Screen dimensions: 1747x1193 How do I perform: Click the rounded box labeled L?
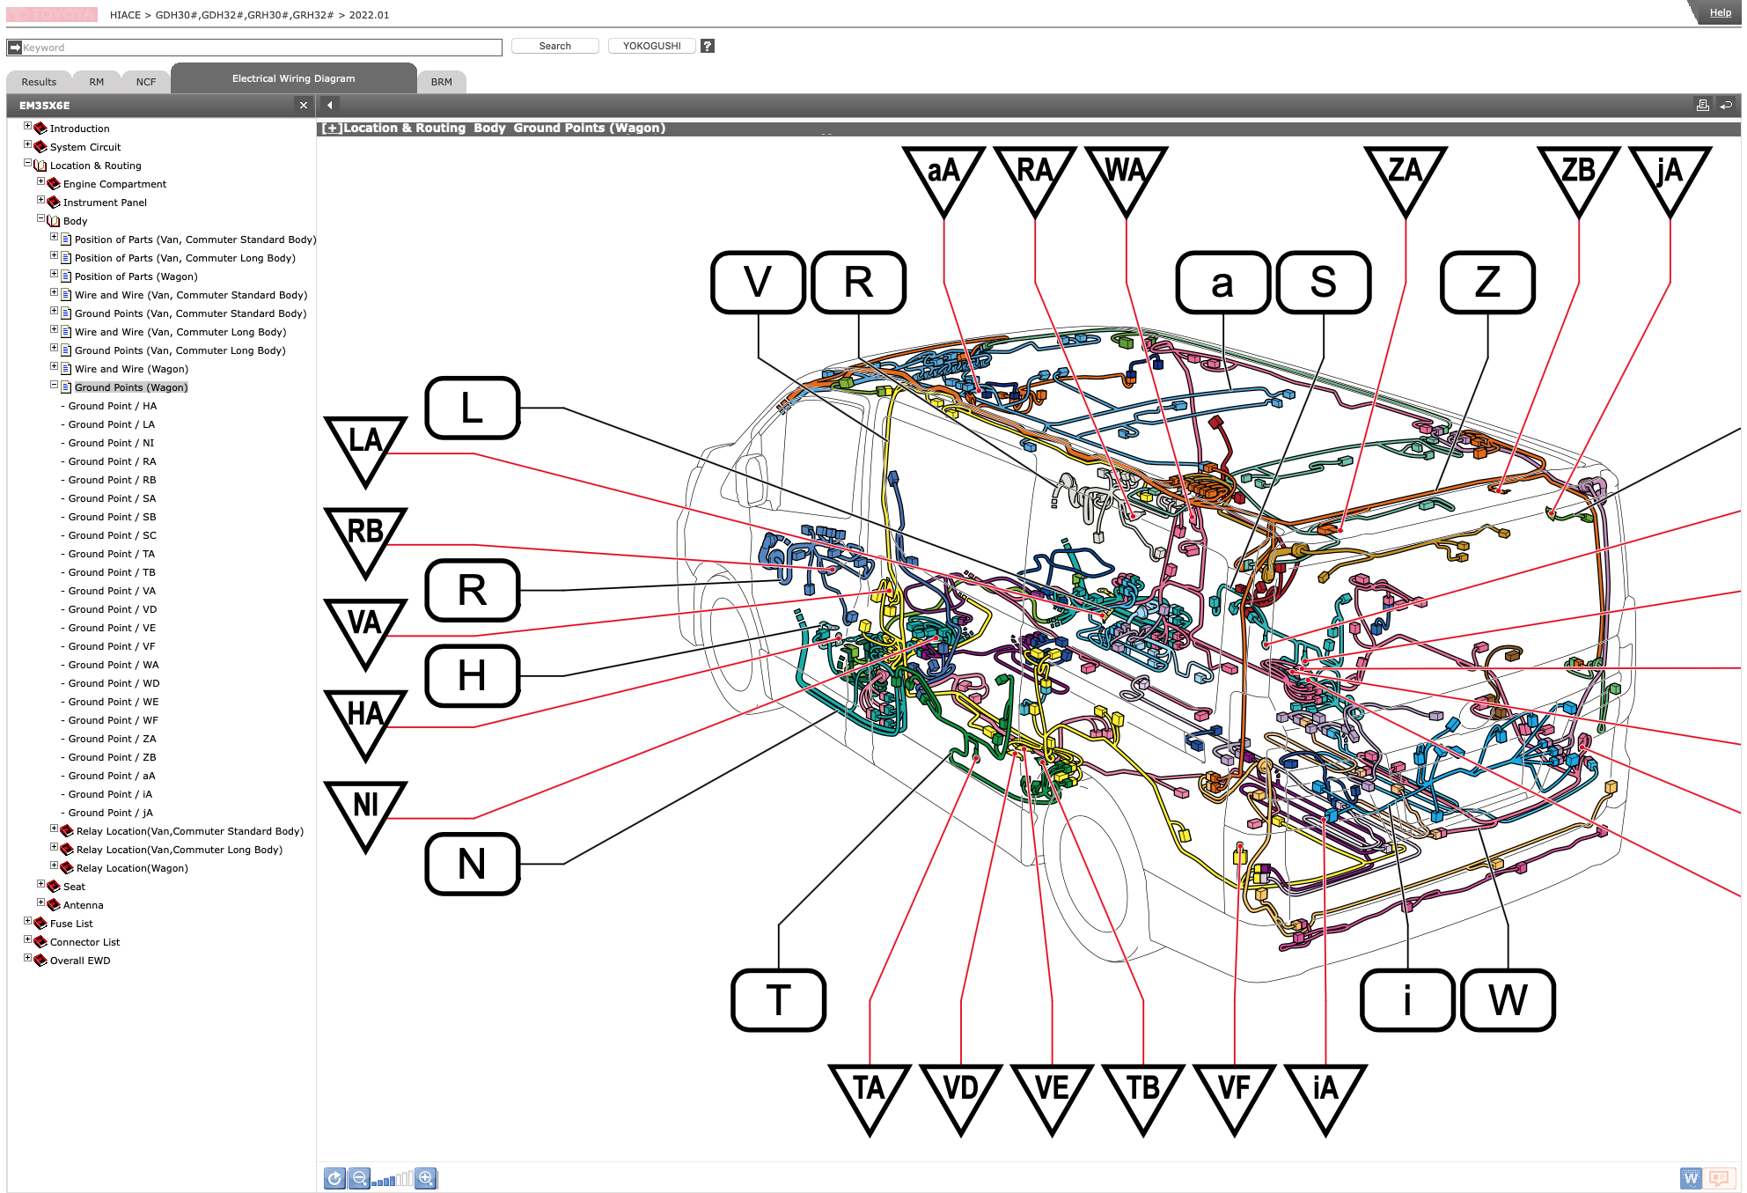(473, 408)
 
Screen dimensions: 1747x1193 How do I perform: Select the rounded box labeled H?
(473, 675)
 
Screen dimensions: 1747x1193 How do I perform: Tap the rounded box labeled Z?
(1487, 282)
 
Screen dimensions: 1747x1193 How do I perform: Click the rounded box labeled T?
(778, 999)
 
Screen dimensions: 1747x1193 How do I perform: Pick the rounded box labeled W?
(1508, 999)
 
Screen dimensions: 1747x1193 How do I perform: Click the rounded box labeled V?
(758, 282)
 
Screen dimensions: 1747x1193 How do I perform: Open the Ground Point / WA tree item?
(114, 665)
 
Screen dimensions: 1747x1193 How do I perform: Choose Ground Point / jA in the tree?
(111, 813)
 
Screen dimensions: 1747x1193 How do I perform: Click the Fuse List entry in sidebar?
(71, 924)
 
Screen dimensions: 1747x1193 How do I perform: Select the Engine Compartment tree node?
(114, 184)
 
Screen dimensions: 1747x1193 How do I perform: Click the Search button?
(554, 46)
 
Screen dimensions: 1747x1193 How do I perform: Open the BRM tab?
(442, 82)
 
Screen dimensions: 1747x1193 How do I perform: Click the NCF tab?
(146, 82)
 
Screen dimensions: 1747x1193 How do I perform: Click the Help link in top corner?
(1720, 12)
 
